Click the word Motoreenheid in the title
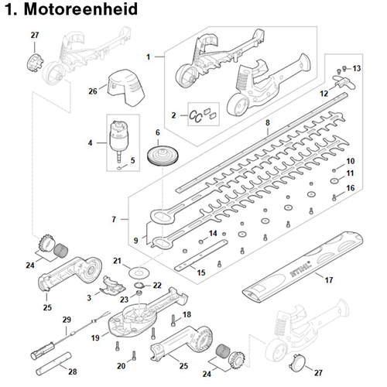(80, 9)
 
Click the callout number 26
(93, 91)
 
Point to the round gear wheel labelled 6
(163, 156)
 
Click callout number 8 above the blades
(268, 123)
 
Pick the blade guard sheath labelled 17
(303, 267)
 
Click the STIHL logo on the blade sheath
(301, 269)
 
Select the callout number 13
(357, 68)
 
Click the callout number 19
(95, 337)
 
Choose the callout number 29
(67, 320)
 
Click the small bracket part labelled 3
(112, 286)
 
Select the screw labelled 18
(173, 320)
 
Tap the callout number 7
(114, 219)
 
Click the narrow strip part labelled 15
(201, 255)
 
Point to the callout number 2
(173, 115)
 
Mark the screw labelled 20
(134, 356)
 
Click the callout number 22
(157, 286)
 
